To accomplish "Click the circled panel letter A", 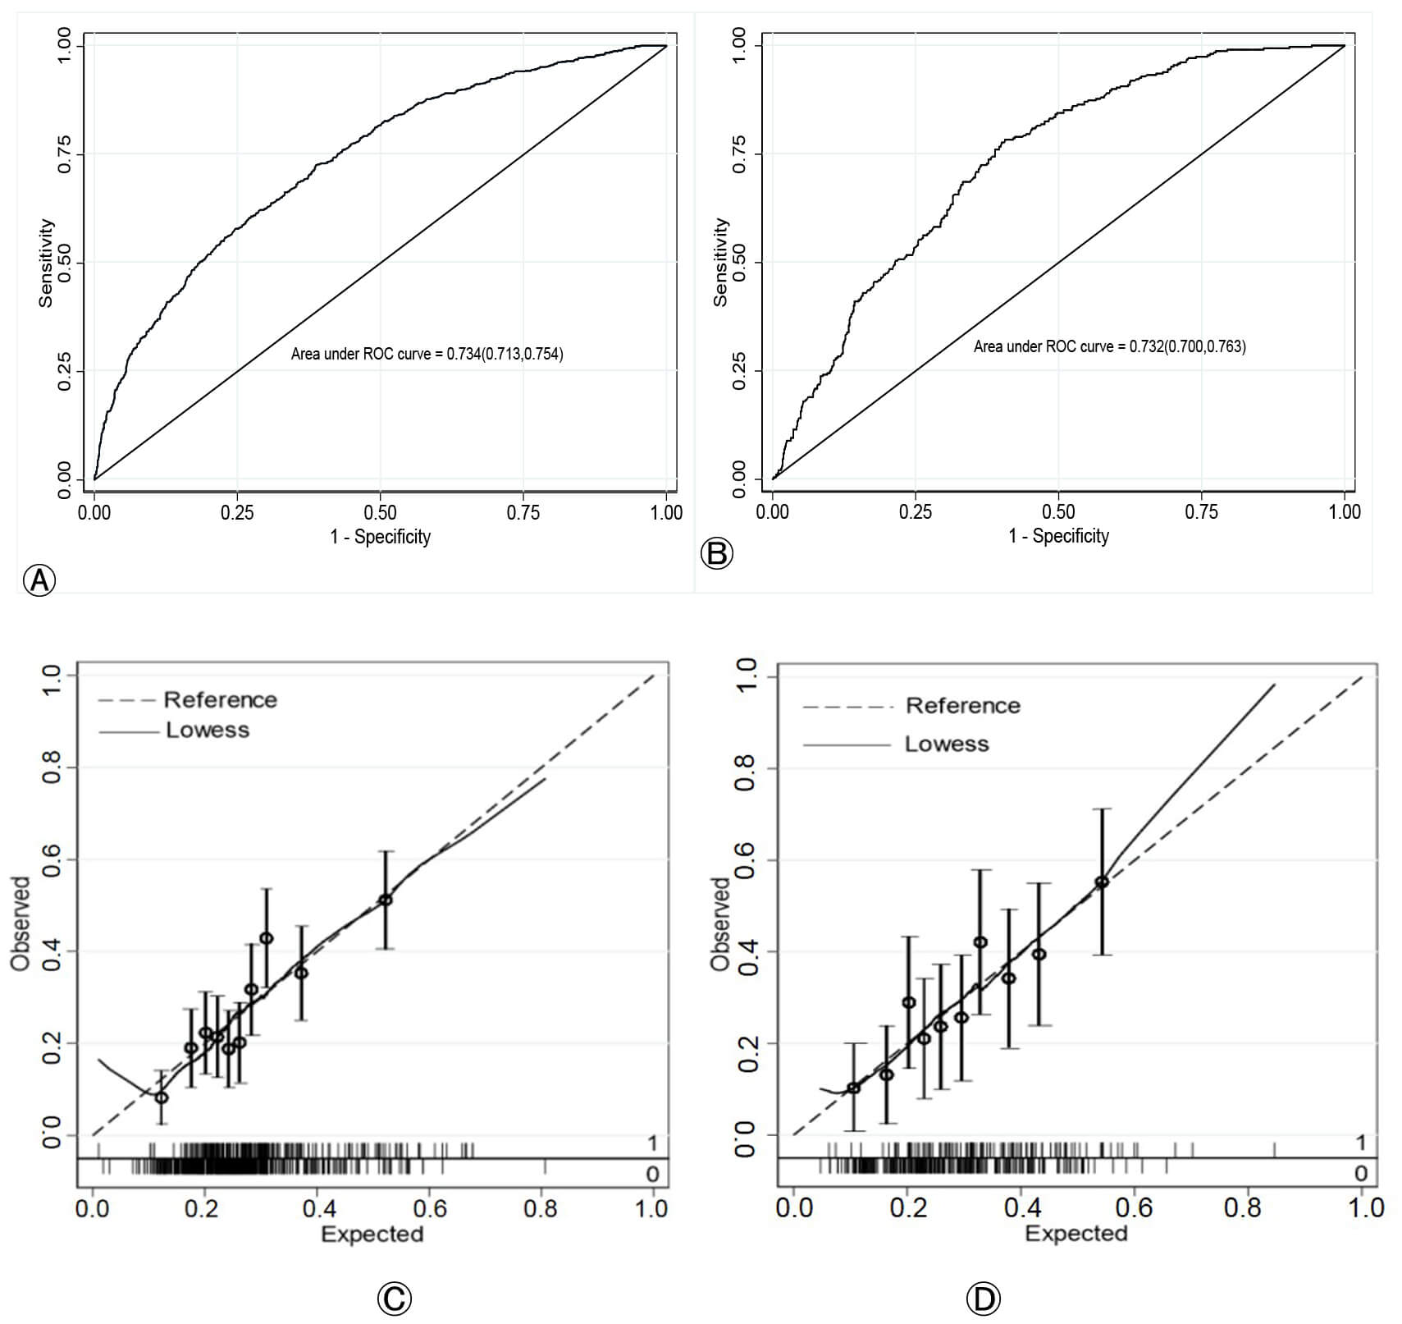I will tap(39, 580).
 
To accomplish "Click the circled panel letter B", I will tap(716, 554).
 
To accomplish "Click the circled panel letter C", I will tap(394, 1298).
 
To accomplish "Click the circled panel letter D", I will tap(983, 1299).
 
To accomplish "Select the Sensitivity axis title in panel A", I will tap(46, 263).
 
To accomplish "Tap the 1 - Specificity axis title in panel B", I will tap(1058, 536).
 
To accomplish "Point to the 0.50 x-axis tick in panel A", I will tap(380, 512).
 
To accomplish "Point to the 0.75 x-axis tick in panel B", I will tap(1201, 511).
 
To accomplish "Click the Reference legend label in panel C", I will tap(220, 699).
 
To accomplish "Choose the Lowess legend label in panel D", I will tap(947, 744).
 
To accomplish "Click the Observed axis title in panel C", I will tap(21, 923).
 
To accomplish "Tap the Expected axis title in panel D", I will tap(1076, 1233).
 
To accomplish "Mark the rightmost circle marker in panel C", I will tap(386, 900).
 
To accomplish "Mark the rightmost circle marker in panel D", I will tap(1102, 882).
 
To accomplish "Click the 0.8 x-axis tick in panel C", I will tap(541, 1208).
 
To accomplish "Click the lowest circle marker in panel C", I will tap(162, 1097).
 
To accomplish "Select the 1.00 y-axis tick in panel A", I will tap(65, 46).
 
